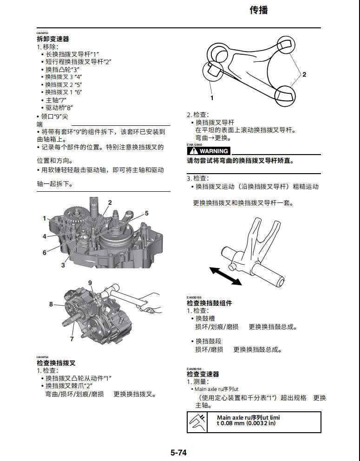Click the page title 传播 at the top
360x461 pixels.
[x=259, y=10]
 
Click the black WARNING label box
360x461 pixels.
[x=209, y=151]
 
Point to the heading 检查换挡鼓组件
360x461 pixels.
[x=209, y=303]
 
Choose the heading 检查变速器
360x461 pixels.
[x=203, y=374]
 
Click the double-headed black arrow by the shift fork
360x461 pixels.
[x=225, y=275]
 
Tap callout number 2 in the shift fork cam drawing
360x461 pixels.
[x=304, y=74]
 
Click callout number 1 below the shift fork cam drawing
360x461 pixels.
[x=212, y=98]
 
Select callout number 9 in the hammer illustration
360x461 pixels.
[x=90, y=283]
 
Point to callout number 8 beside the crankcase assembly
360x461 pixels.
[x=51, y=305]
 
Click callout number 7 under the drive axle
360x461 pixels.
[x=72, y=339]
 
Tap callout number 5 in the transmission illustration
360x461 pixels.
[x=146, y=214]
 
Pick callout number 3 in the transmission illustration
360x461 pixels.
[x=63, y=265]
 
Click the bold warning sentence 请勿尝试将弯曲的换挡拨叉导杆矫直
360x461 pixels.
[x=241, y=161]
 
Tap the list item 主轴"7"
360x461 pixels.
[x=56, y=100]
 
